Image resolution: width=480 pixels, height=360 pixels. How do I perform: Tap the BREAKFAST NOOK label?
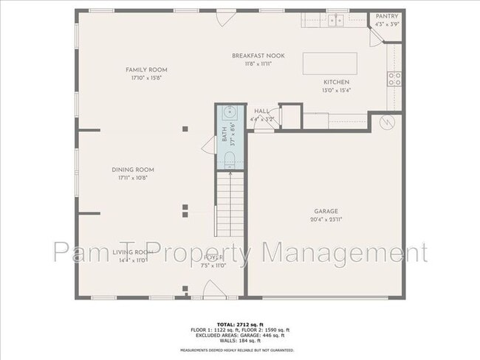(258, 56)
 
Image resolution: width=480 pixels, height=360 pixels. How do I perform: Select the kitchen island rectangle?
(330, 63)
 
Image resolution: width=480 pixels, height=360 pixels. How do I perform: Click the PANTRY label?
(387, 15)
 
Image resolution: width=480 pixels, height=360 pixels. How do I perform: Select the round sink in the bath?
(230, 114)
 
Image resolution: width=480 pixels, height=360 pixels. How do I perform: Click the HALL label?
(261, 111)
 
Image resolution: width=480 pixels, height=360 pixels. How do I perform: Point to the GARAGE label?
(326, 211)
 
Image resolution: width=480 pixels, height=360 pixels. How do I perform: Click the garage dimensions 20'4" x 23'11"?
(326, 220)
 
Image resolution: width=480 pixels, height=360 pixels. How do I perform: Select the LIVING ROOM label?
(133, 252)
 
